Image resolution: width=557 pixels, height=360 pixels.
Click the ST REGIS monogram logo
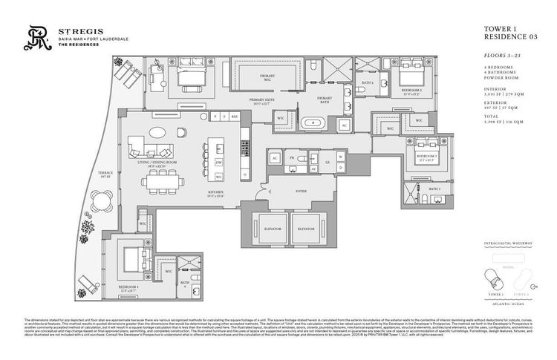pos(33,39)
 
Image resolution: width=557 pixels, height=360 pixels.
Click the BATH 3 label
pos(434,189)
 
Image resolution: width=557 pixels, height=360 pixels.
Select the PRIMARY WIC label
pos(268,76)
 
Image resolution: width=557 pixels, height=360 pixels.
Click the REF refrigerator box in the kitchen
pos(234,117)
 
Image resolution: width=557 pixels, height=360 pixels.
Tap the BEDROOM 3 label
pos(426,157)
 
